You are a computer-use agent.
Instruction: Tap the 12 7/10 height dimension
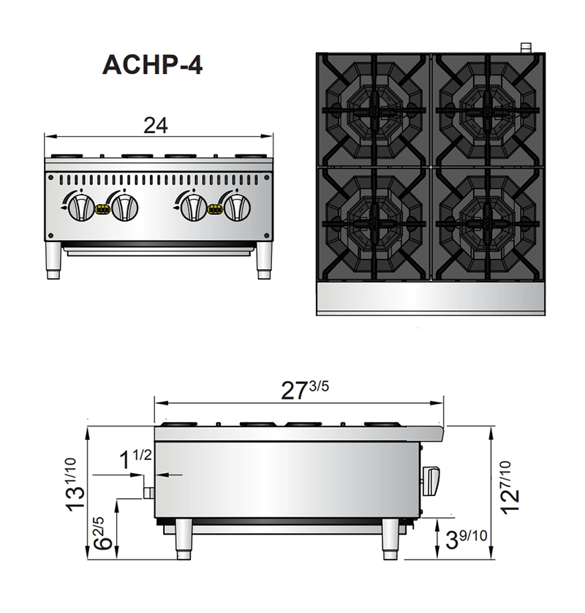(x=511, y=485)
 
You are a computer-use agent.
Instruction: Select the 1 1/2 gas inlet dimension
(x=135, y=459)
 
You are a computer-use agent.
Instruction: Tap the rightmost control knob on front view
(x=237, y=206)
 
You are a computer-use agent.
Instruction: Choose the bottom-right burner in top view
(x=486, y=223)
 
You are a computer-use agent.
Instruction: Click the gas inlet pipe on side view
(x=148, y=492)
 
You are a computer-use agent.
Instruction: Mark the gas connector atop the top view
(x=524, y=48)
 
